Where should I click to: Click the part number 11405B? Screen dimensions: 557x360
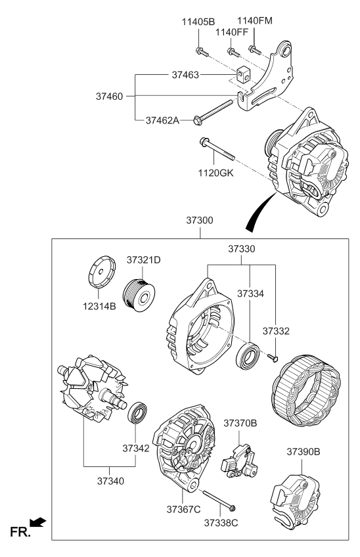point(198,22)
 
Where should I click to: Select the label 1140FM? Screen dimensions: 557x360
point(254,21)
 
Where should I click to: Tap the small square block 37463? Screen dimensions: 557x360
point(243,76)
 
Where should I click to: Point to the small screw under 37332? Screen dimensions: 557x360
point(273,356)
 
